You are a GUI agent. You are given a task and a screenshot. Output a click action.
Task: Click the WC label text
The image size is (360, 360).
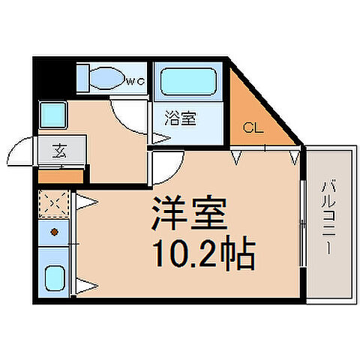[134, 81]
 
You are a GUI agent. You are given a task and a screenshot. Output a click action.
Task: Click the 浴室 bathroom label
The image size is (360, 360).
[178, 117]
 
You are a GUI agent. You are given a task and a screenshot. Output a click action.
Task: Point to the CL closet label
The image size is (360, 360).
[252, 127]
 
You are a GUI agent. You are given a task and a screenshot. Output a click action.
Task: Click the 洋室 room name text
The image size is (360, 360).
[189, 218]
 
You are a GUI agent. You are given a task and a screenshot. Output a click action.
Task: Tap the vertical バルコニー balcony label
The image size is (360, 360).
[328, 218]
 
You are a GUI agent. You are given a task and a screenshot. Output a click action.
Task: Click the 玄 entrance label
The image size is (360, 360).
[58, 149]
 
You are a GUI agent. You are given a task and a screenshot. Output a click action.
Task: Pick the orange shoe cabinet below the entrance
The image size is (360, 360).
[59, 178]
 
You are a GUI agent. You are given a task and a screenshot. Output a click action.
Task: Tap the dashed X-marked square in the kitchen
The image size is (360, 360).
[53, 203]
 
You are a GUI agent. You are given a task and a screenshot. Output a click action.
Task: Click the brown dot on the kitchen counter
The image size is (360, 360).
[53, 232]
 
